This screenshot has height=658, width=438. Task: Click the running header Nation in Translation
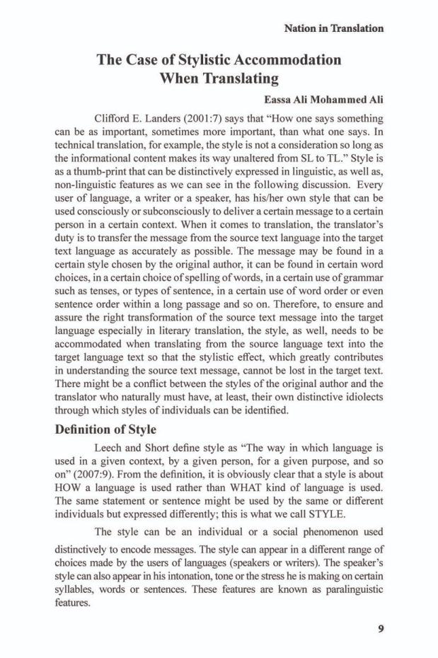(x=333, y=29)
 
